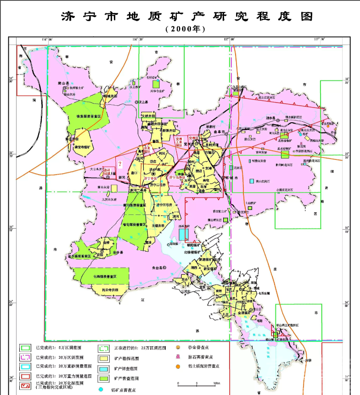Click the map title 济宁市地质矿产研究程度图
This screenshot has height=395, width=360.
coord(187,17)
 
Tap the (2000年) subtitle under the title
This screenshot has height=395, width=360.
coord(186,29)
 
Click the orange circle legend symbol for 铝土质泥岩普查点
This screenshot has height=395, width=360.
coord(179,367)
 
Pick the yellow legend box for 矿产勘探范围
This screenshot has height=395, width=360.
coord(104,358)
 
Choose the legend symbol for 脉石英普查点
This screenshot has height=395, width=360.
coord(179,357)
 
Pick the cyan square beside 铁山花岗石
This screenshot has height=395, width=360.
coord(252,181)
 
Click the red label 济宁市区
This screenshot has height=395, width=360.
coord(150,177)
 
